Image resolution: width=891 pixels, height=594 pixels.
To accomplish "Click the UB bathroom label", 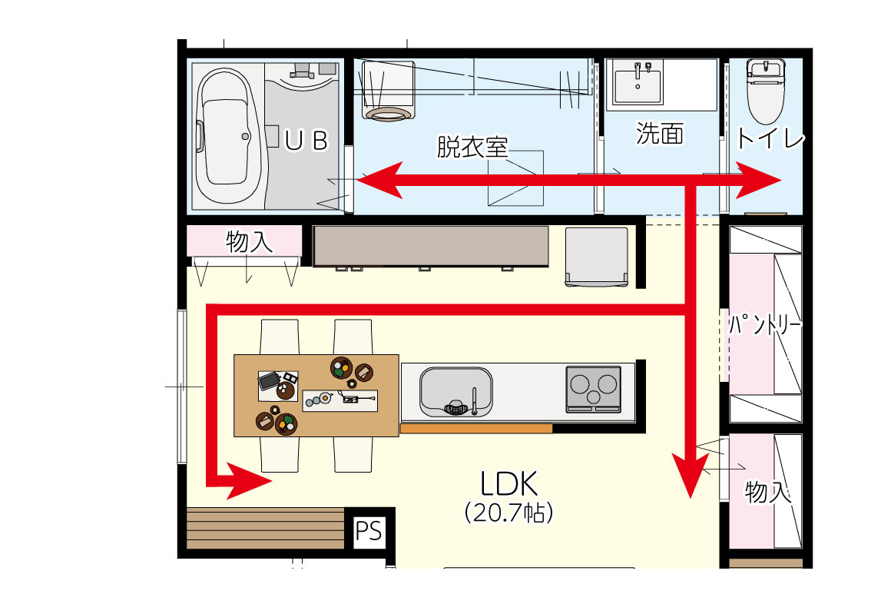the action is click(306, 141).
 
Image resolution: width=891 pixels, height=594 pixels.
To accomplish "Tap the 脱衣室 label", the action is click(472, 147).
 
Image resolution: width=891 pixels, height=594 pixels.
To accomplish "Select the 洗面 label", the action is click(659, 134).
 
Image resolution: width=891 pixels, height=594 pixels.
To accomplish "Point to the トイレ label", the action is click(770, 138).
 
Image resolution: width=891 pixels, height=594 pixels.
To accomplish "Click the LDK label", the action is click(508, 483).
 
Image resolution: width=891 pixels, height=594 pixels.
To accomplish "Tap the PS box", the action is click(368, 532).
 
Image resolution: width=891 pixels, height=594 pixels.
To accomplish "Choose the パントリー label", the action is click(765, 325).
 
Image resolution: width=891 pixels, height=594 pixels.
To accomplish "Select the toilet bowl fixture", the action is click(766, 91).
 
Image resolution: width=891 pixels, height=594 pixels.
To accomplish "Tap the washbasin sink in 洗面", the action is click(638, 83).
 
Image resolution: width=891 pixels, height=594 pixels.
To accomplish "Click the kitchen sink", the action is click(455, 391).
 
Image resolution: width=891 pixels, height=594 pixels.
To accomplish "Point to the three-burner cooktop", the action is click(593, 389).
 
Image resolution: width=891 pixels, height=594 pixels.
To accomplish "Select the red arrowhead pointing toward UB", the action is click(380, 180).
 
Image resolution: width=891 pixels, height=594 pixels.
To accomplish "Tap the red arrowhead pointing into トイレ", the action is click(758, 180).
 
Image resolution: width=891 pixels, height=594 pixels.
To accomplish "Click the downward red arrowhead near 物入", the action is click(691, 475).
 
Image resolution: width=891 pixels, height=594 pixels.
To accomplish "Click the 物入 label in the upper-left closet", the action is click(249, 241).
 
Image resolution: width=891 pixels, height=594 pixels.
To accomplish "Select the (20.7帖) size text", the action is click(508, 512).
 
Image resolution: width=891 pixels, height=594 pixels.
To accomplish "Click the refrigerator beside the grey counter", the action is click(597, 256).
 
